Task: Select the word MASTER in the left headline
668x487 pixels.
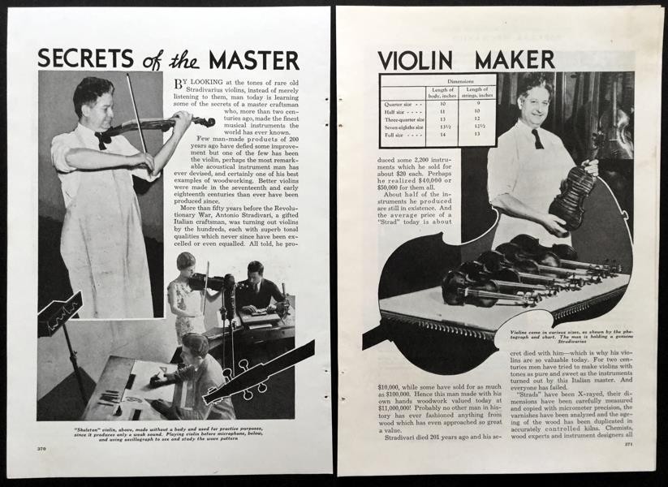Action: click(x=253, y=60)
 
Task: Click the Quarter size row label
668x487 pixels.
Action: click(x=402, y=104)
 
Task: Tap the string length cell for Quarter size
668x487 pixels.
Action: click(x=476, y=104)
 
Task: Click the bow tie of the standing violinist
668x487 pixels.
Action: click(x=103, y=138)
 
